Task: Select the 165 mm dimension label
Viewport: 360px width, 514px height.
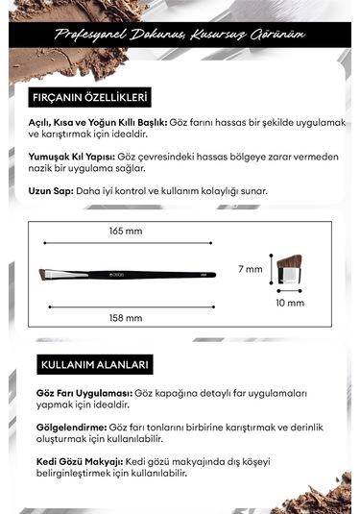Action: pyautogui.click(x=126, y=232)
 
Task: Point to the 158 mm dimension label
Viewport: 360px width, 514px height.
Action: pyautogui.click(x=126, y=317)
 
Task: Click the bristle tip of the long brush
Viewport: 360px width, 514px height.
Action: pyautogui.click(x=46, y=275)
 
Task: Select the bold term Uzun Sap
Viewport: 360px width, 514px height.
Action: pyautogui.click(x=49, y=190)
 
